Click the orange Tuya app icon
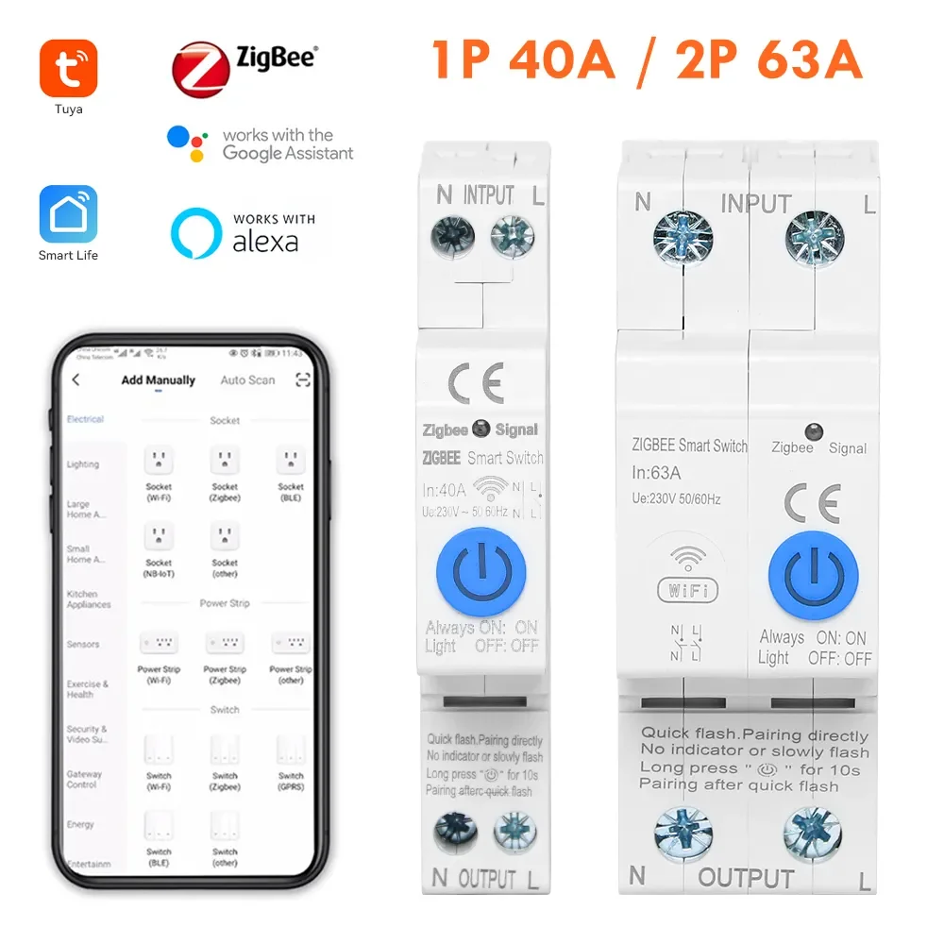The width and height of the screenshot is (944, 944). click(68, 68)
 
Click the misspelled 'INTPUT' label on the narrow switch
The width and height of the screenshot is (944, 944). click(488, 196)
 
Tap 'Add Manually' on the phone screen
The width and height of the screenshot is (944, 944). click(158, 380)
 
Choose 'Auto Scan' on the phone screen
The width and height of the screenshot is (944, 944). click(247, 380)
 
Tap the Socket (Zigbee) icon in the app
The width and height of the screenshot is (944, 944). click(225, 461)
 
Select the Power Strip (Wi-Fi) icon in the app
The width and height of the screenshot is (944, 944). click(159, 644)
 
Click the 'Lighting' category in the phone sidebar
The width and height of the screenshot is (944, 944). click(83, 464)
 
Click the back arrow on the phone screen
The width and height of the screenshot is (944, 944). click(76, 380)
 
